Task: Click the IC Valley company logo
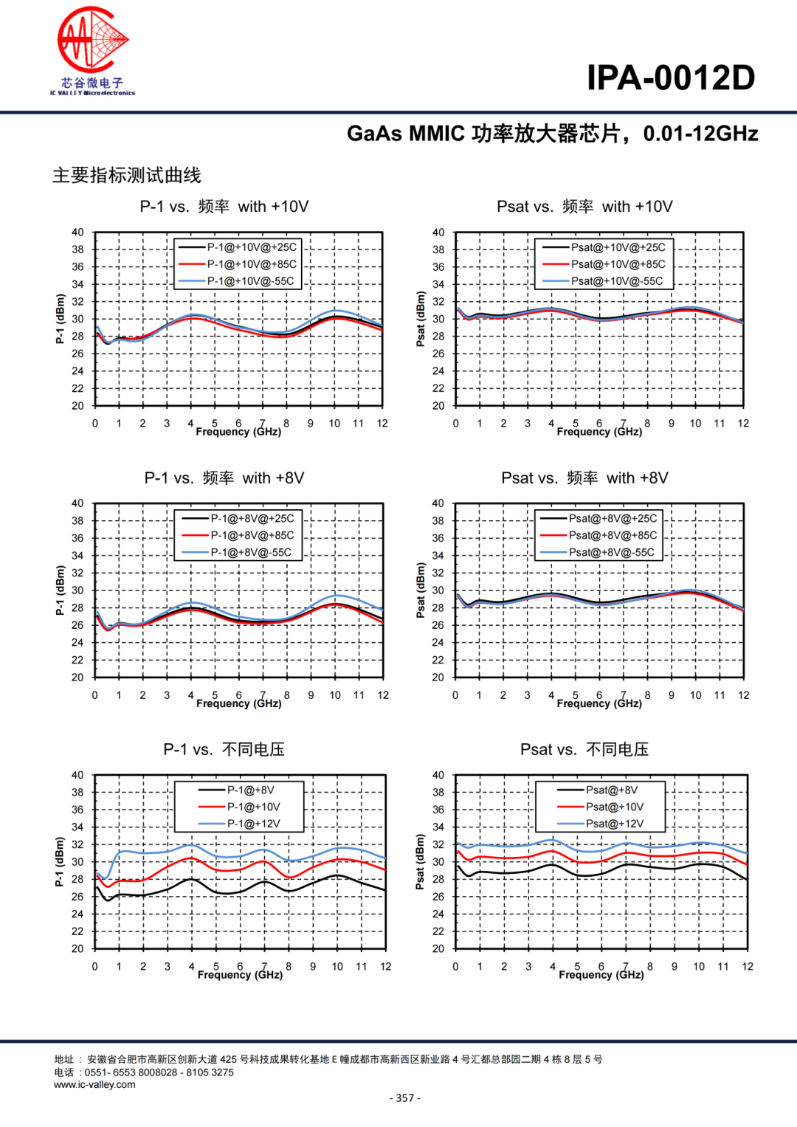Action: click(92, 51)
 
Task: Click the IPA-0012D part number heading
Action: click(670, 77)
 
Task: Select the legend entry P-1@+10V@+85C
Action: click(252, 264)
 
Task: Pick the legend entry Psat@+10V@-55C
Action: click(616, 281)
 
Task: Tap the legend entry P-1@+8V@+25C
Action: click(252, 519)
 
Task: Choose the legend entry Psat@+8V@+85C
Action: click(612, 536)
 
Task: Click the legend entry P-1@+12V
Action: click(253, 824)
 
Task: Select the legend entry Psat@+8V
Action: click(611, 790)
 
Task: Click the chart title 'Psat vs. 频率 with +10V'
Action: click(584, 207)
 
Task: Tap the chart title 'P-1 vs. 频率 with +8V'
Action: click(224, 478)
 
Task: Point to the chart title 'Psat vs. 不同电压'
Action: click(584, 750)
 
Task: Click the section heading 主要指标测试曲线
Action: click(127, 176)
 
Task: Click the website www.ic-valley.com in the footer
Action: click(94, 1085)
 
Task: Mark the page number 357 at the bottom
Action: click(405, 1098)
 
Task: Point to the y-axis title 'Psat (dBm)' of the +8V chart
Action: click(421, 590)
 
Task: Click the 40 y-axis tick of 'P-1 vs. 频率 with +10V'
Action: click(77, 232)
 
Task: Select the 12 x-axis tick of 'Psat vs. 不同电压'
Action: click(748, 967)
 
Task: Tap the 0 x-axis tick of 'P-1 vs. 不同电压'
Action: click(94, 967)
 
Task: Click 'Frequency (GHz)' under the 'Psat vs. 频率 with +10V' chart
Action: click(599, 432)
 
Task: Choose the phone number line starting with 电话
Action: click(144, 1072)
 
